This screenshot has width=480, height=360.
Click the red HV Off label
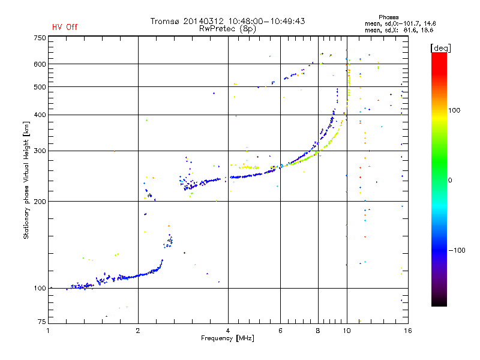tap(64, 27)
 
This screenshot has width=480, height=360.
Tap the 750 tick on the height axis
tap(39, 38)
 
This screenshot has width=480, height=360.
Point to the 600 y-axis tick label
tap(39, 64)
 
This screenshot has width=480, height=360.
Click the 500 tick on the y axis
tap(39, 87)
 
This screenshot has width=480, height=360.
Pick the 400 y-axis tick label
tap(39, 115)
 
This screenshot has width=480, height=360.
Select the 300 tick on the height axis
tap(39, 151)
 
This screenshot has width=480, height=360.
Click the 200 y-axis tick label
tap(39, 202)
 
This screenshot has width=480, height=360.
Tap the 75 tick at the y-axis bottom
tap(41, 322)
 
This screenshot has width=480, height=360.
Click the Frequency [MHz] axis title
tap(227, 338)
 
